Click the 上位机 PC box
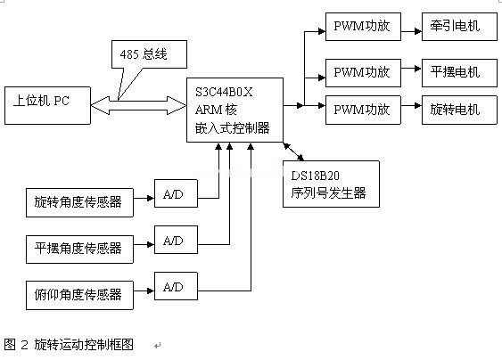coord(47,105)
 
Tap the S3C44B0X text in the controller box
coord(224,92)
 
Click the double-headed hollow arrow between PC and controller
coord(138,105)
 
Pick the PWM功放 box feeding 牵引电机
coord(363,27)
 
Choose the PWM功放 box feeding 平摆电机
coord(363,73)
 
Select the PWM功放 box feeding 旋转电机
coord(363,110)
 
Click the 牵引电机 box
coord(459,27)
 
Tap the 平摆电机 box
coord(459,73)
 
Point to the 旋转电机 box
coord(459,110)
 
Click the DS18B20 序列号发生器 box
coord(331,184)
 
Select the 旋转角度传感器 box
coord(79,202)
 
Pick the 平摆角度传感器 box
coord(79,250)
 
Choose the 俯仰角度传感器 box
coord(79,295)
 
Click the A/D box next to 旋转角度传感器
coord(176,193)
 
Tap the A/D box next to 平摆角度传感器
coord(176,240)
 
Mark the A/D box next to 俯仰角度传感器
coord(176,286)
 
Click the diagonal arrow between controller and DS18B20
coord(293,151)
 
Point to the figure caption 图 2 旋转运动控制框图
coord(69,345)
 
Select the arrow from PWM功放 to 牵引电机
coord(411,31)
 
